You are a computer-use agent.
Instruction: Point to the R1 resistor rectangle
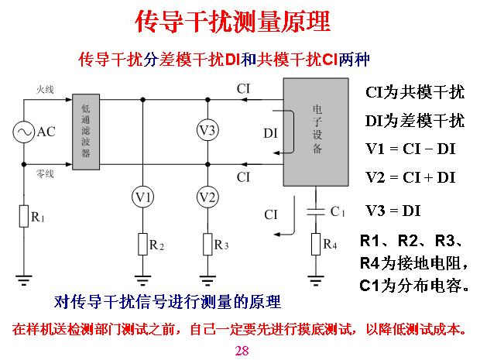(23, 217)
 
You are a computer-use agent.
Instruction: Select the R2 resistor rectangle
(143, 244)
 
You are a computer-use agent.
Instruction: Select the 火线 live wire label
(45, 91)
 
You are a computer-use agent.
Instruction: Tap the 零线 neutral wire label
(45, 175)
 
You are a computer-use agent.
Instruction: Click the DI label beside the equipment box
(270, 133)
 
